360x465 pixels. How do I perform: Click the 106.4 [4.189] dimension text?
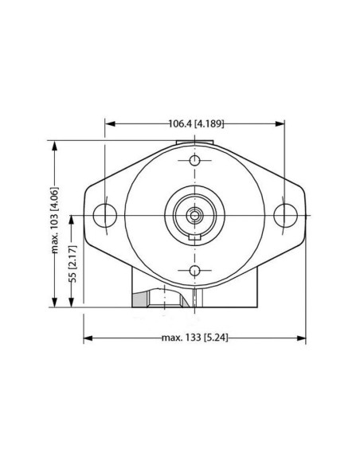(195, 124)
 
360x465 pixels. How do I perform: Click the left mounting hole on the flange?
(104, 214)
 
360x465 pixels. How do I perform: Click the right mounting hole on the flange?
(285, 214)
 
